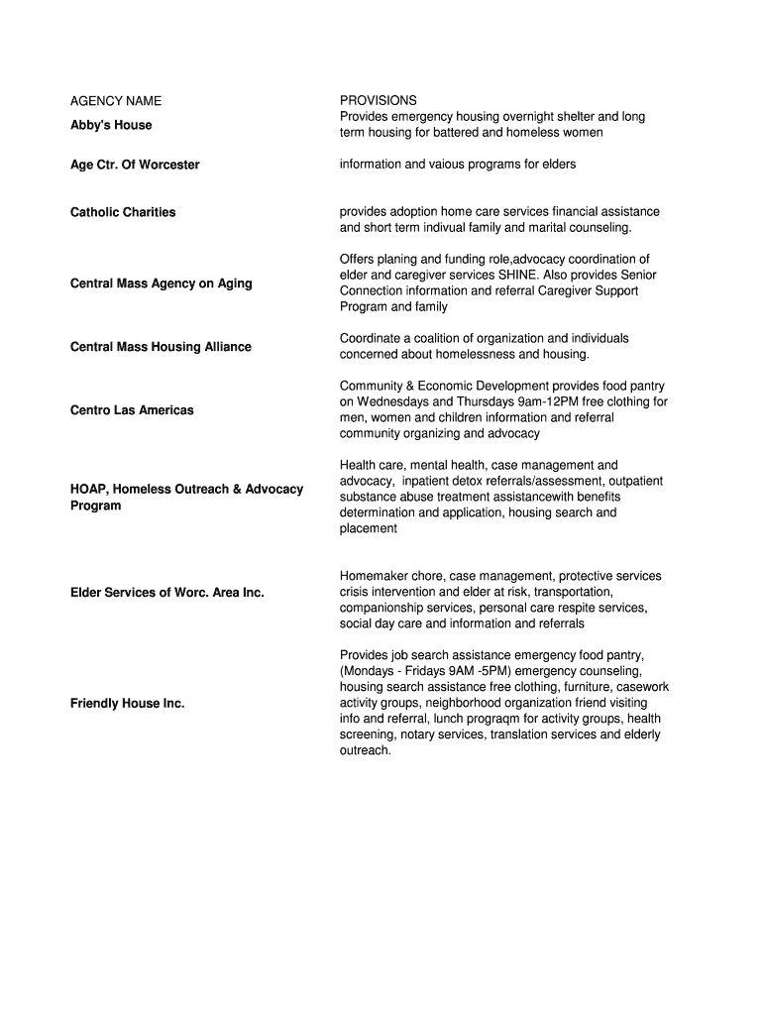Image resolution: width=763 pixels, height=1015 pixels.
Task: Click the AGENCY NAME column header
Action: click(x=116, y=101)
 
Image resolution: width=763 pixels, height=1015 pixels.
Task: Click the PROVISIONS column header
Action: click(x=379, y=101)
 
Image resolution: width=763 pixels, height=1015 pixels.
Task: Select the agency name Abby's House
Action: click(x=111, y=125)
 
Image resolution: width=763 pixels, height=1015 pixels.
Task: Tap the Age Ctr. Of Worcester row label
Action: click(x=135, y=165)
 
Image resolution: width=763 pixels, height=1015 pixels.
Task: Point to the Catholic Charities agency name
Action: click(x=123, y=212)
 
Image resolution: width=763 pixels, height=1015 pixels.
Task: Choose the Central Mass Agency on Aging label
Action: click(x=161, y=283)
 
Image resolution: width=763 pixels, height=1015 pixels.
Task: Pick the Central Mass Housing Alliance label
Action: click(x=161, y=347)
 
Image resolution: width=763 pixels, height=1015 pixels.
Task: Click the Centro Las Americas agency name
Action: click(x=132, y=410)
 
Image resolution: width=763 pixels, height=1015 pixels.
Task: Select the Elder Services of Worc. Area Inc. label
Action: click(x=167, y=593)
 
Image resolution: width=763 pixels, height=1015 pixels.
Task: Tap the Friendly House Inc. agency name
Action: click(x=127, y=704)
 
